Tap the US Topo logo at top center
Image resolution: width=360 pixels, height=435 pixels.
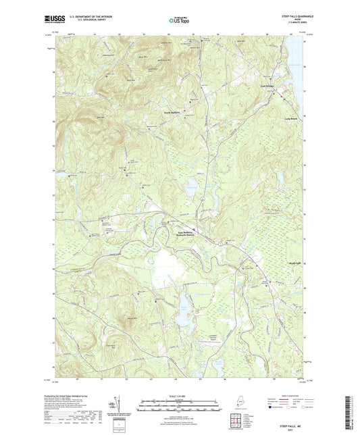[x=179, y=21]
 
